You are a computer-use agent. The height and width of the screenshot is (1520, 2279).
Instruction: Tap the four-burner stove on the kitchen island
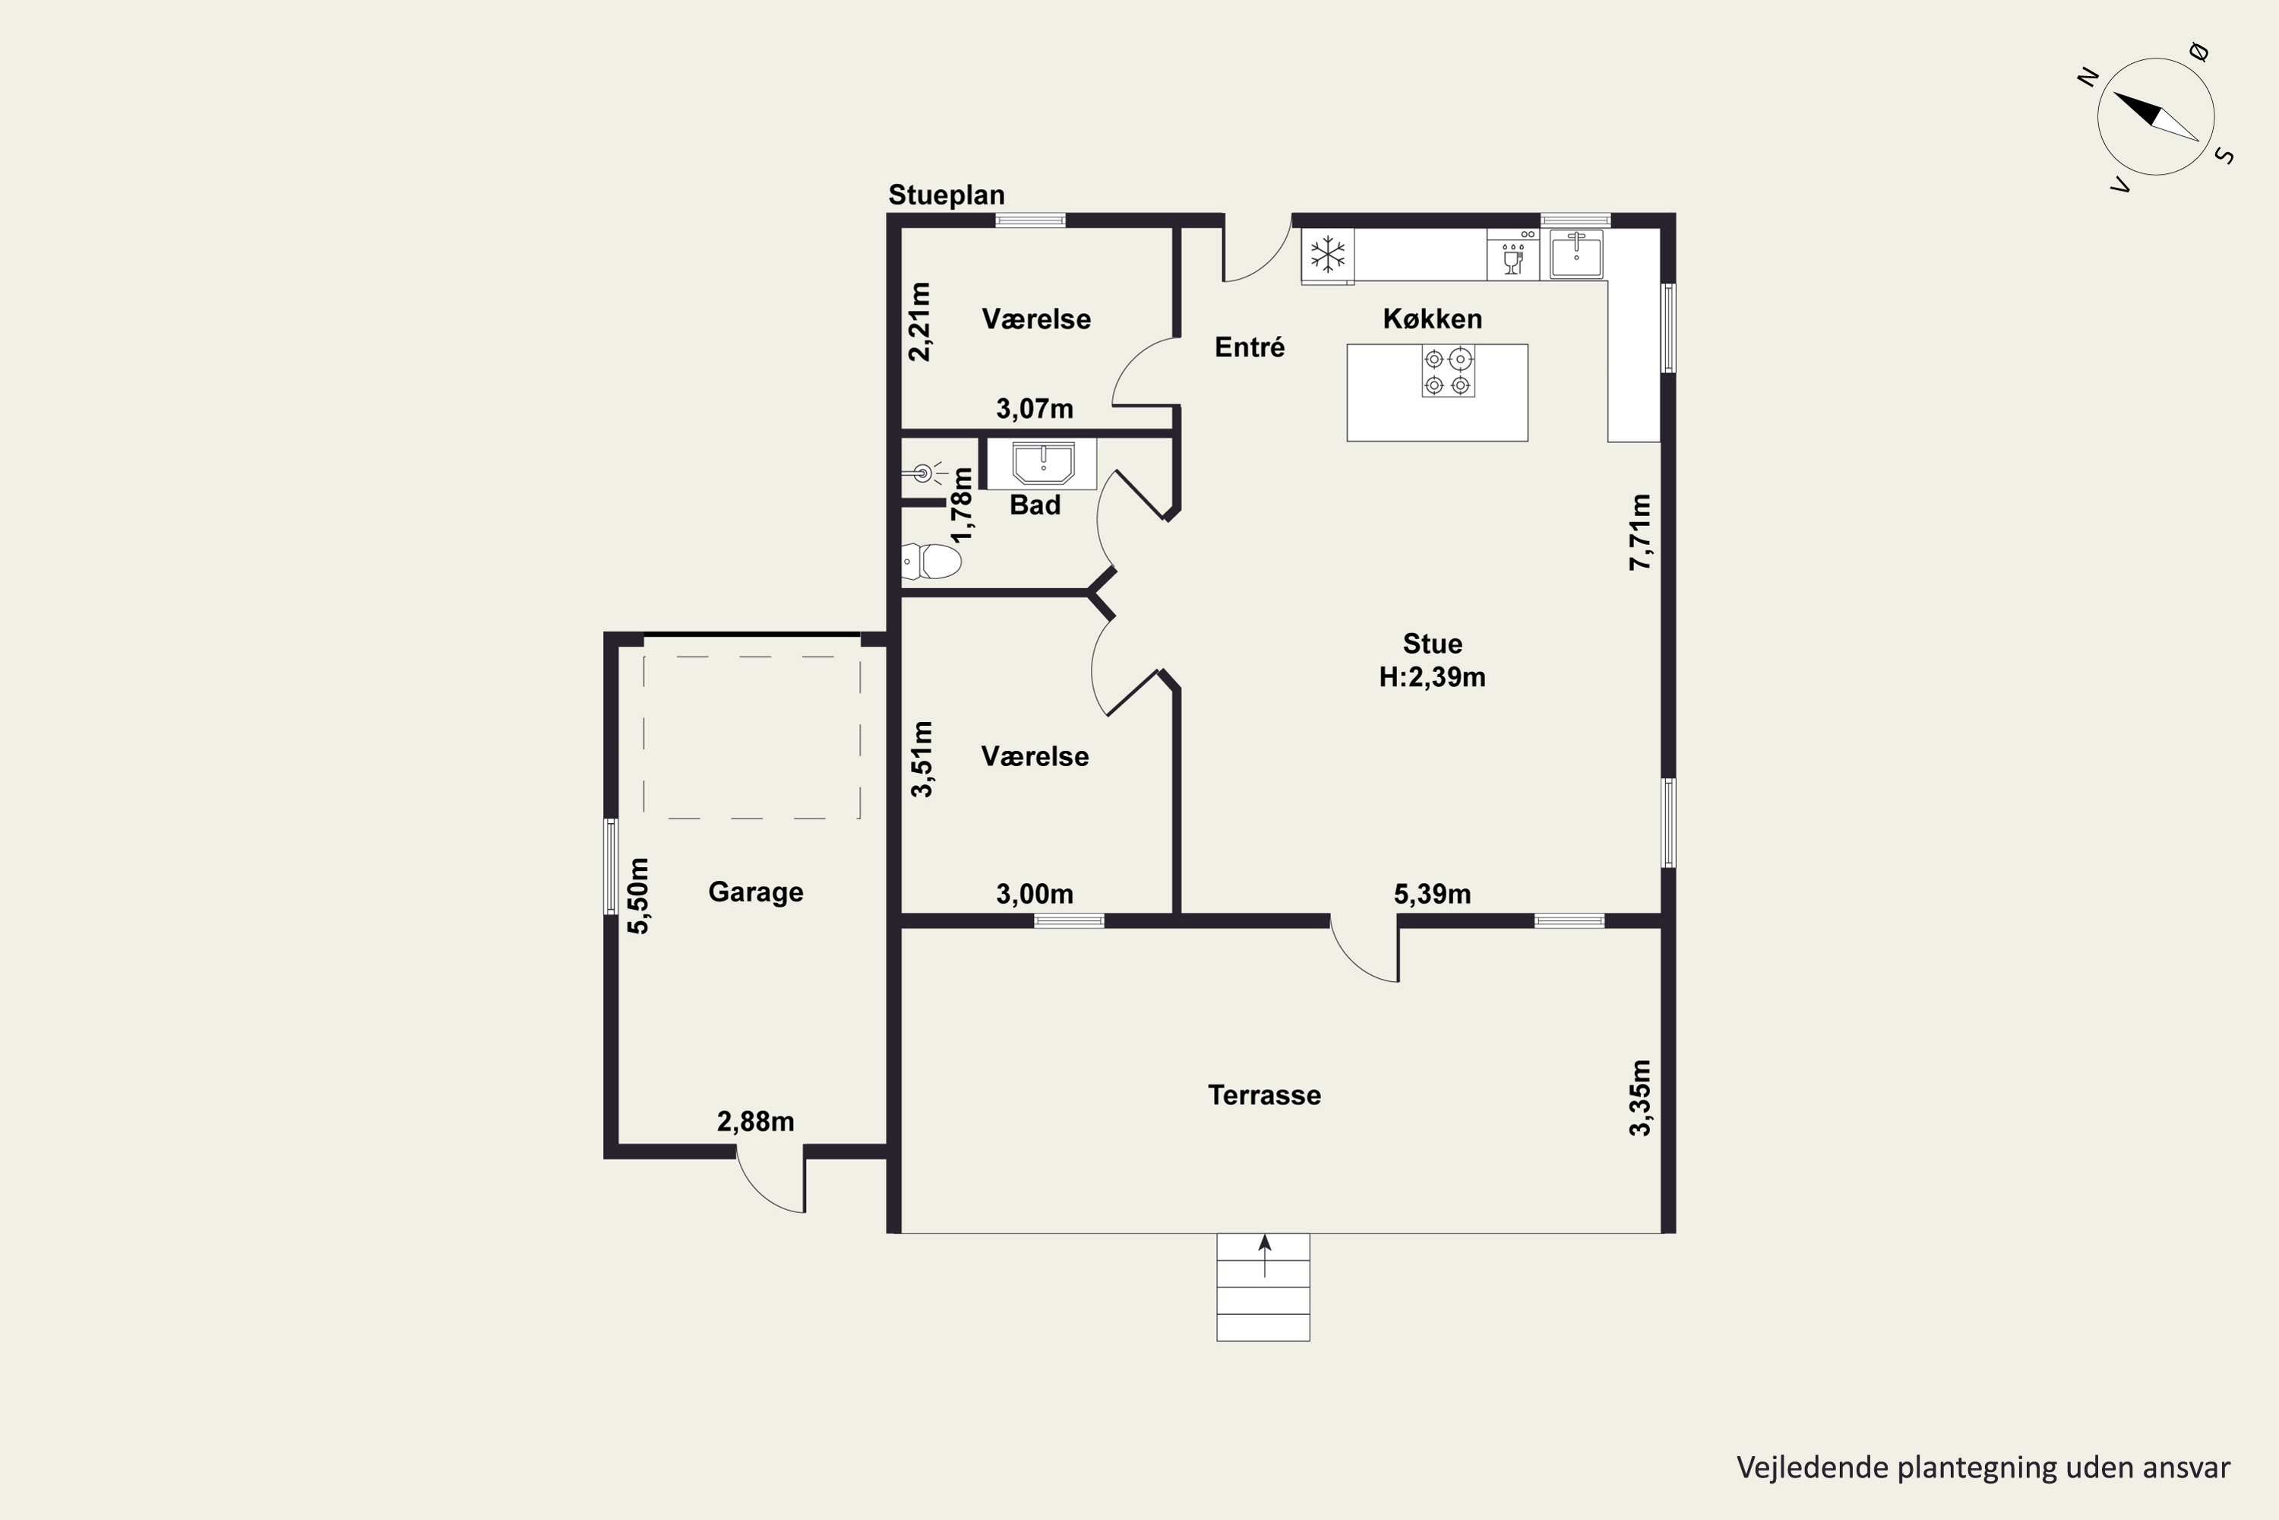click(1449, 372)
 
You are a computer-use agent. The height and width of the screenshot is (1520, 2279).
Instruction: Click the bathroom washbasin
click(1042, 464)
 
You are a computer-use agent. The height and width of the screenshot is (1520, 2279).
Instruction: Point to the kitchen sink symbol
click(1576, 255)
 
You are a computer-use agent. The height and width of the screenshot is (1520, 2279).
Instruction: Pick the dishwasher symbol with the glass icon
click(1512, 254)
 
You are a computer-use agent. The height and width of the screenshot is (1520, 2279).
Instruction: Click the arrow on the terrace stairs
click(1265, 1256)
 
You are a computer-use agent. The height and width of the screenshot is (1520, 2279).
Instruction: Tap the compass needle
click(2155, 116)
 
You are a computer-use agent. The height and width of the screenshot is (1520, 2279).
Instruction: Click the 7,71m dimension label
click(1639, 532)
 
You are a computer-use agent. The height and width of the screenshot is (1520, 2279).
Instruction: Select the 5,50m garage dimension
click(639, 896)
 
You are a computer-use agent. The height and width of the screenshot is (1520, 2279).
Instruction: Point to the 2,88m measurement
click(756, 1122)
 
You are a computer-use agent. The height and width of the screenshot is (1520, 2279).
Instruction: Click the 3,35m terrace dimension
click(1639, 1097)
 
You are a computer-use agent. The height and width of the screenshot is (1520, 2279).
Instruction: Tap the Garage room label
click(756, 891)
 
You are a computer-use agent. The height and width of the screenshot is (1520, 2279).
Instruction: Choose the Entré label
click(1250, 347)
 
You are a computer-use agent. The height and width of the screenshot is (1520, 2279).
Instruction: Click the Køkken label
click(1432, 319)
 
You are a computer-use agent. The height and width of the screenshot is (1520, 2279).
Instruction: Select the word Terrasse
click(1265, 1095)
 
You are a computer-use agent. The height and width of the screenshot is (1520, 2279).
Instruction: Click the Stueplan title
click(947, 195)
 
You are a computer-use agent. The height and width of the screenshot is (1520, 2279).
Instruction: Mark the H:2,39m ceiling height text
click(1432, 676)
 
